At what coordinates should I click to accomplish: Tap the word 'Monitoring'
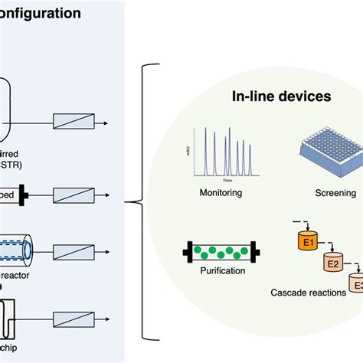[x=220, y=193]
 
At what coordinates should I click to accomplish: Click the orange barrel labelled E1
[x=306, y=240]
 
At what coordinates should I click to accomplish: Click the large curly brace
[x=140, y=203]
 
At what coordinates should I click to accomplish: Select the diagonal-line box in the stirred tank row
[x=74, y=122]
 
